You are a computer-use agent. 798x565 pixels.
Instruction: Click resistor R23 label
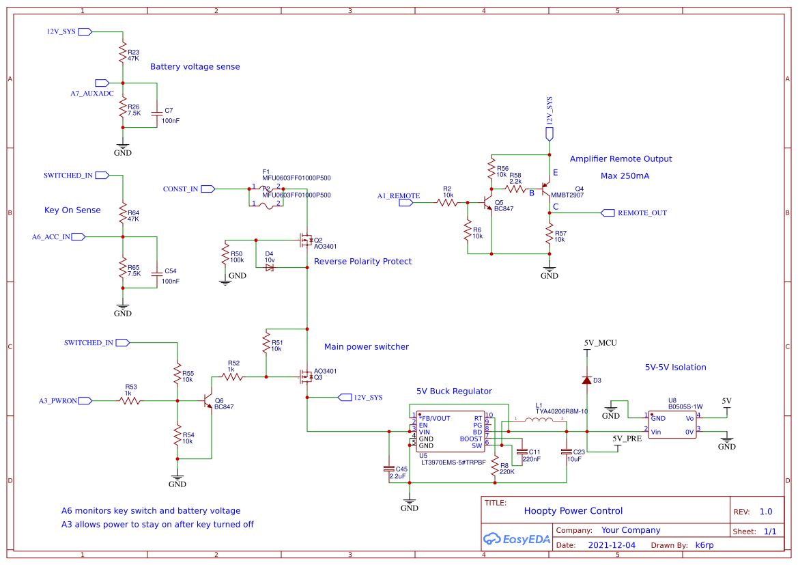pyautogui.click(x=133, y=52)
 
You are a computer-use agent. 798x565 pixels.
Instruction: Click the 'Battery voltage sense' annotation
pyautogui.click(x=195, y=67)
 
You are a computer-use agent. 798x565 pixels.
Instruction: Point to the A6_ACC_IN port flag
pyautogui.click(x=78, y=236)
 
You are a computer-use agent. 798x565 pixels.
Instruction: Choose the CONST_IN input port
pyautogui.click(x=208, y=189)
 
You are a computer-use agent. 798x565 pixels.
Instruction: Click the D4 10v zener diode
pyautogui.click(x=269, y=267)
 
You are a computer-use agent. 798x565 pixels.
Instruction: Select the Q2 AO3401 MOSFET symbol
pyautogui.click(x=304, y=240)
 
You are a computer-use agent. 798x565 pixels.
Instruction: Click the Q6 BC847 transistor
pyautogui.click(x=209, y=402)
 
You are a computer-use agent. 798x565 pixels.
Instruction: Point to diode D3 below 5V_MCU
pyautogui.click(x=586, y=380)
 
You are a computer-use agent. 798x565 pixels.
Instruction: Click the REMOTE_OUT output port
pyautogui.click(x=608, y=212)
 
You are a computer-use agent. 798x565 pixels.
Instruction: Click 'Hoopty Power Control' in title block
pyautogui.click(x=573, y=510)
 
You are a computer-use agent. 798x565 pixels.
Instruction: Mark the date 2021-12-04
pyautogui.click(x=612, y=545)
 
